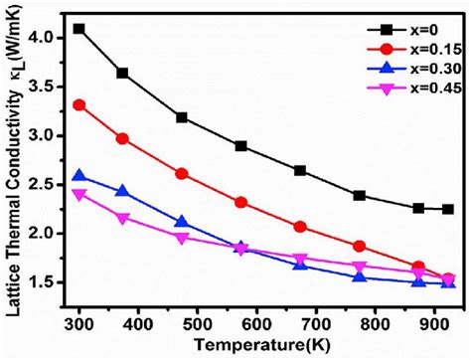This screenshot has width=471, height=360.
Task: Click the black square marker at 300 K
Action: coord(79,29)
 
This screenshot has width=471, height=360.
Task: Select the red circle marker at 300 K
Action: coord(79,104)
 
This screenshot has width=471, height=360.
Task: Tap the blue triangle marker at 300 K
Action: coord(79,176)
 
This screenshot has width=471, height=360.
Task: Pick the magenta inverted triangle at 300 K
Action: coord(79,195)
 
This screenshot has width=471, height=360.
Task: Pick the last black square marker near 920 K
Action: coord(448,209)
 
